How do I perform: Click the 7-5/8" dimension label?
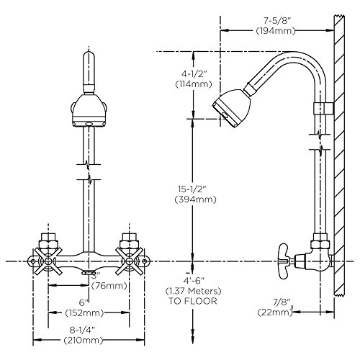(277, 21)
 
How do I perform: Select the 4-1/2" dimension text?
(194, 73)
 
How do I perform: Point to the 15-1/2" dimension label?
(192, 189)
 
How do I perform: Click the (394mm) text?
(196, 199)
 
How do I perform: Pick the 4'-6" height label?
(193, 280)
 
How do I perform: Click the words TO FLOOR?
(193, 301)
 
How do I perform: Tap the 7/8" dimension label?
(282, 302)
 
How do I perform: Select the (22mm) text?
(275, 312)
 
